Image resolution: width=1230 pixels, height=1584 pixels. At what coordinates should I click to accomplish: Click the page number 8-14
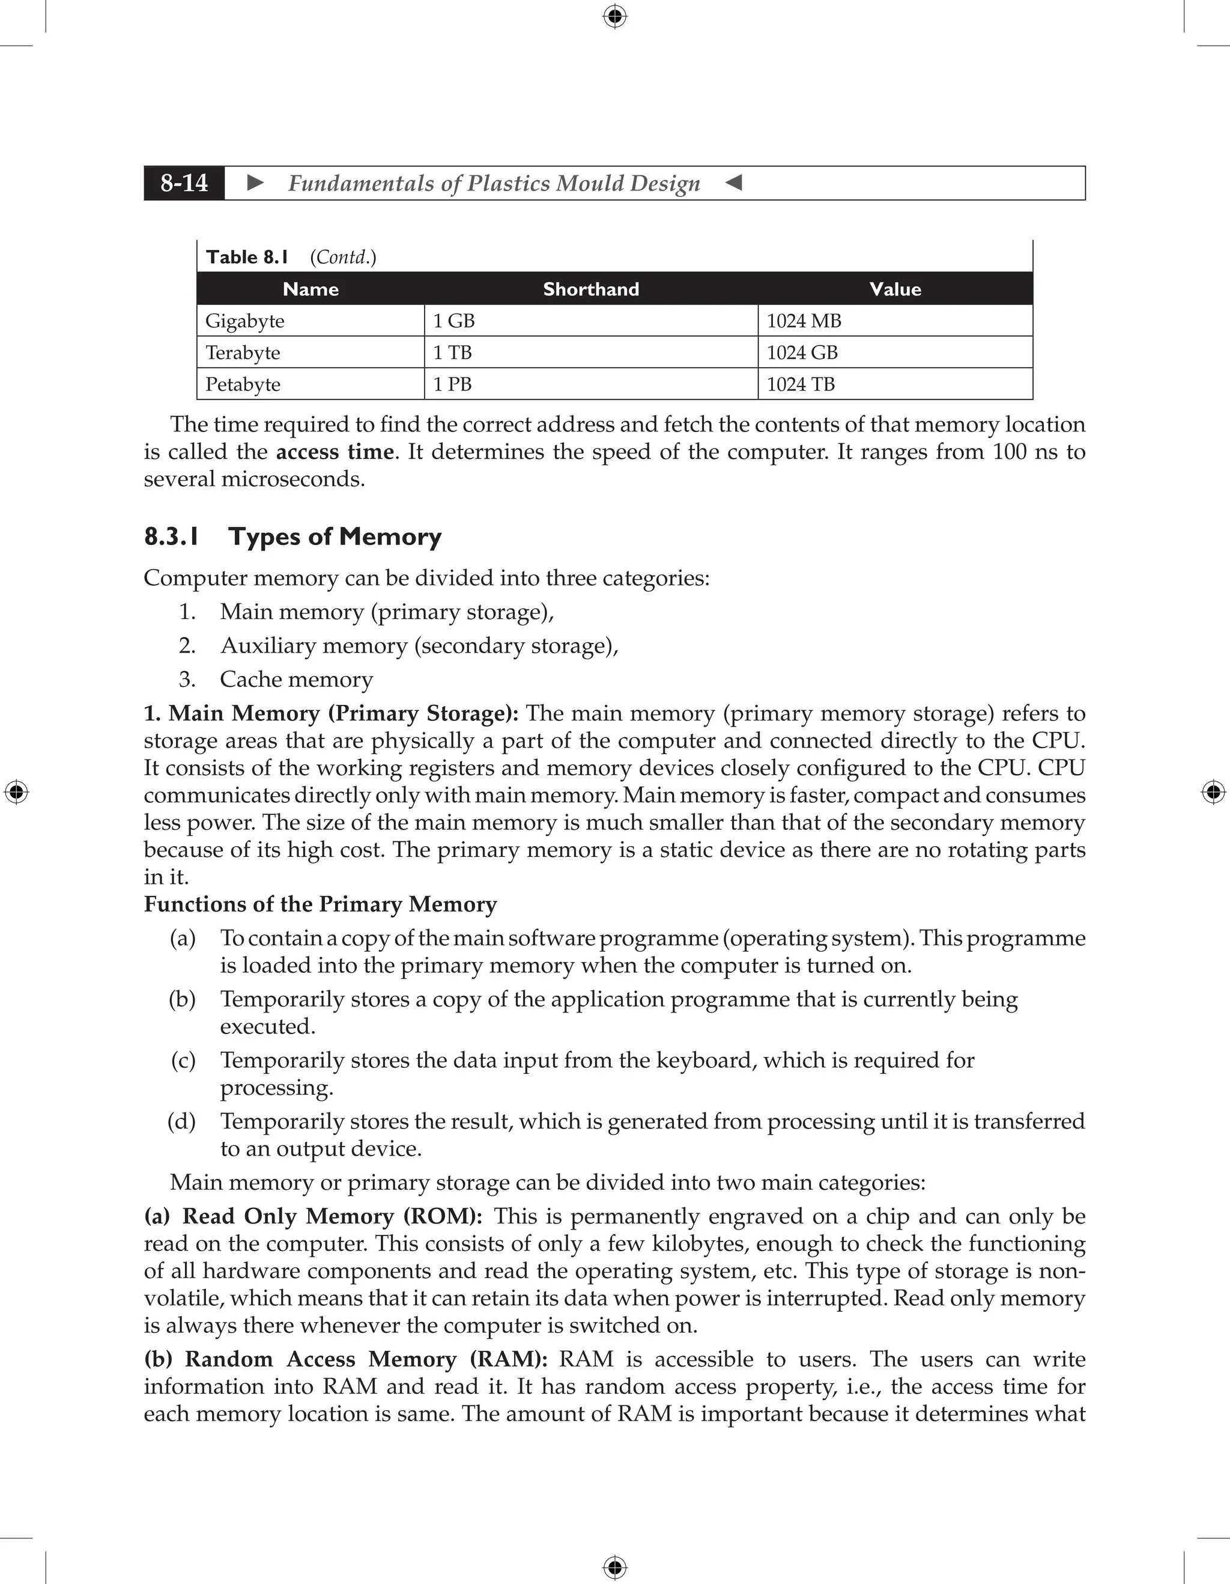click(x=184, y=183)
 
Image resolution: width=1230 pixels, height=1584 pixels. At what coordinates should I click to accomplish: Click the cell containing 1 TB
click(x=452, y=353)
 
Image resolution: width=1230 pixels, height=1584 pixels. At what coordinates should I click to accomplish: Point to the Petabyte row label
click(x=243, y=385)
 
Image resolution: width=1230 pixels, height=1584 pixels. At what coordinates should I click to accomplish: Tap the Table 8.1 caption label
click(x=247, y=257)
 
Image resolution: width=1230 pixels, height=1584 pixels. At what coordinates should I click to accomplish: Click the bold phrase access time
click(x=335, y=452)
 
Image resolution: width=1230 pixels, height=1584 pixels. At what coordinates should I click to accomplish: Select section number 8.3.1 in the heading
click(x=171, y=537)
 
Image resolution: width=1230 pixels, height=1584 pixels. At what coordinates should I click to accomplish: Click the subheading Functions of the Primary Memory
click(x=320, y=904)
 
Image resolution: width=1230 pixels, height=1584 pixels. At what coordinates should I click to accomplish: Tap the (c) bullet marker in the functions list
click(x=183, y=1061)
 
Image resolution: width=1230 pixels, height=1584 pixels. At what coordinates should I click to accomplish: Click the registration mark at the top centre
click(x=614, y=16)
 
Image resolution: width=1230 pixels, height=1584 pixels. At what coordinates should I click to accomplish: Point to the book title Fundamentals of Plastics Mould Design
click(x=494, y=183)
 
